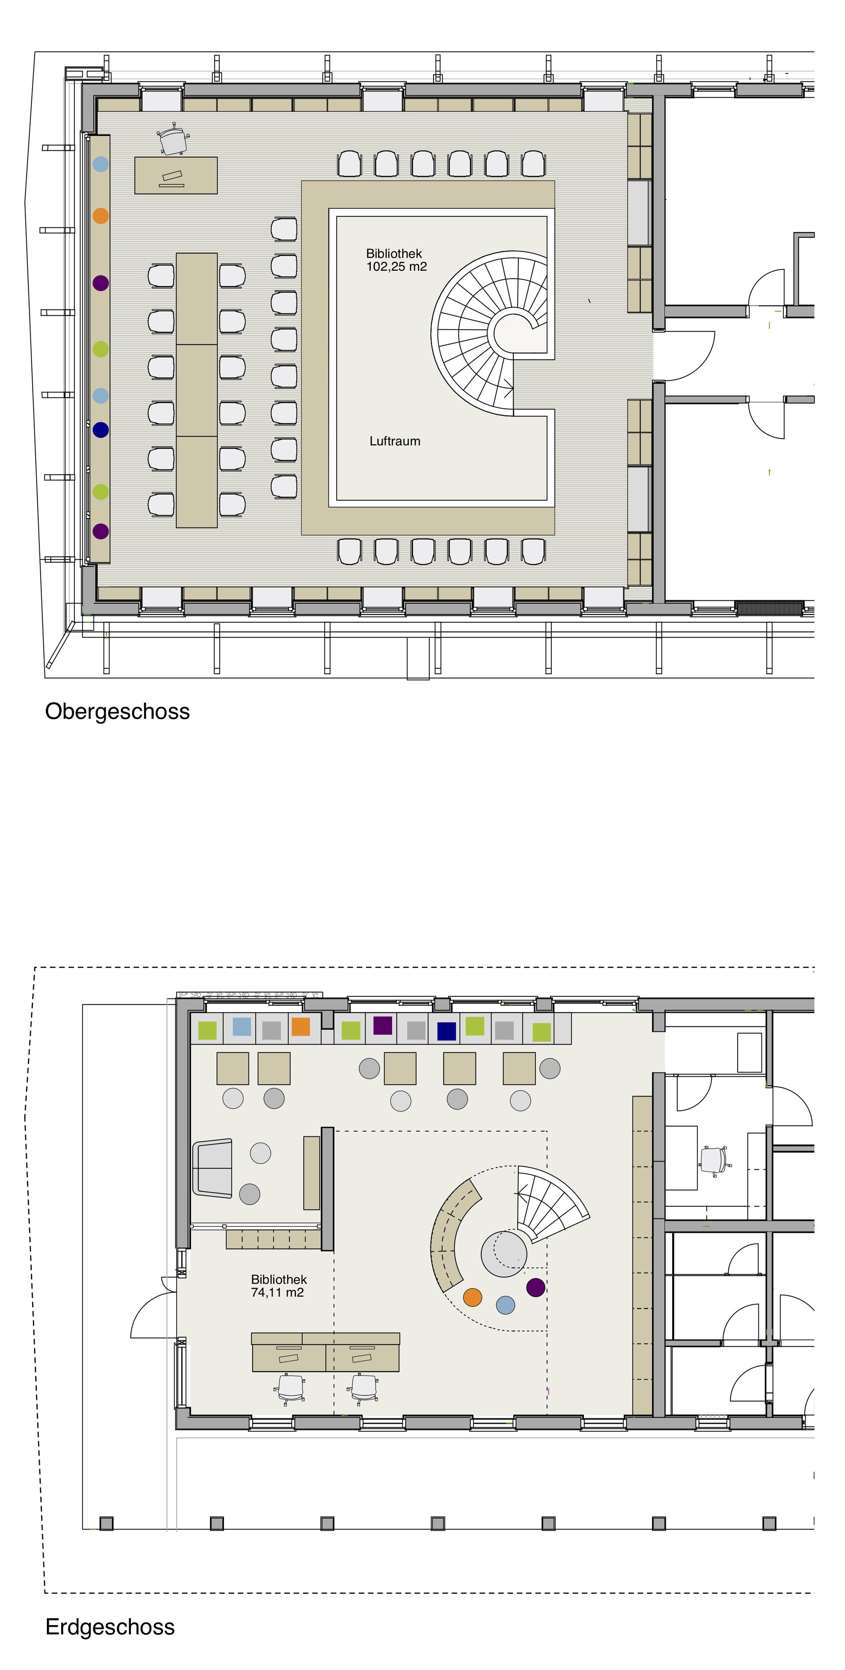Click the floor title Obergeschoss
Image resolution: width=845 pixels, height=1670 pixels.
117,711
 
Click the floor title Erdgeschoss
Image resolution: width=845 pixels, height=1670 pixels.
110,1627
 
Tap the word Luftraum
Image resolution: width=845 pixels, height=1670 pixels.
395,441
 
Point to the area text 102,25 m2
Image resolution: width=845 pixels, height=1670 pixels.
396,266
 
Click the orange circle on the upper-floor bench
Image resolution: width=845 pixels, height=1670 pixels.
101,215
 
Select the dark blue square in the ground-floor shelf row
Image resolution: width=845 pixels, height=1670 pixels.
446,1031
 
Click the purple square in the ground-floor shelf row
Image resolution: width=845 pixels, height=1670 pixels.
383,1026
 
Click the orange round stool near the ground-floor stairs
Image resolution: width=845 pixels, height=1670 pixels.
473,1297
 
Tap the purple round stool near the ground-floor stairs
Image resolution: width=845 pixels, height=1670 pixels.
536,1287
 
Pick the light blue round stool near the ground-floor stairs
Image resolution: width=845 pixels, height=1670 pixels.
505,1305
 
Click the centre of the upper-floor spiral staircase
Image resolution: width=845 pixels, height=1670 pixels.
512,332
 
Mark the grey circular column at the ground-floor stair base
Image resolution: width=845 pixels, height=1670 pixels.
504,1253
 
